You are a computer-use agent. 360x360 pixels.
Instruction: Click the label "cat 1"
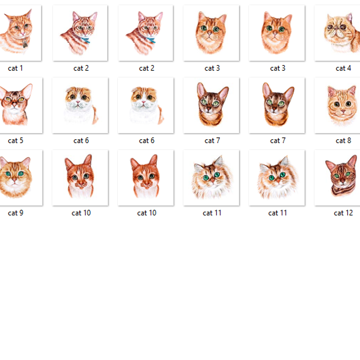click(15, 68)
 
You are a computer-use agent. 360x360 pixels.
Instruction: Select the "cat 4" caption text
click(343, 68)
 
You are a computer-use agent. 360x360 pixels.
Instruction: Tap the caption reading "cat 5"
click(15, 140)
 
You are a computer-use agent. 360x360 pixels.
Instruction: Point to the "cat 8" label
click(343, 140)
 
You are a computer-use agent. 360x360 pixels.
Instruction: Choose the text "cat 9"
click(15, 213)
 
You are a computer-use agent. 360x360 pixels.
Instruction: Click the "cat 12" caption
click(343, 213)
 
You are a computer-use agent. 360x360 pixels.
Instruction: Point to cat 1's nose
click(22, 33)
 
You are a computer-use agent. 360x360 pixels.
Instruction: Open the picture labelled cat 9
click(20, 177)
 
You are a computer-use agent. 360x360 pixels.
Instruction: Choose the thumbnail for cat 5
click(20, 105)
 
